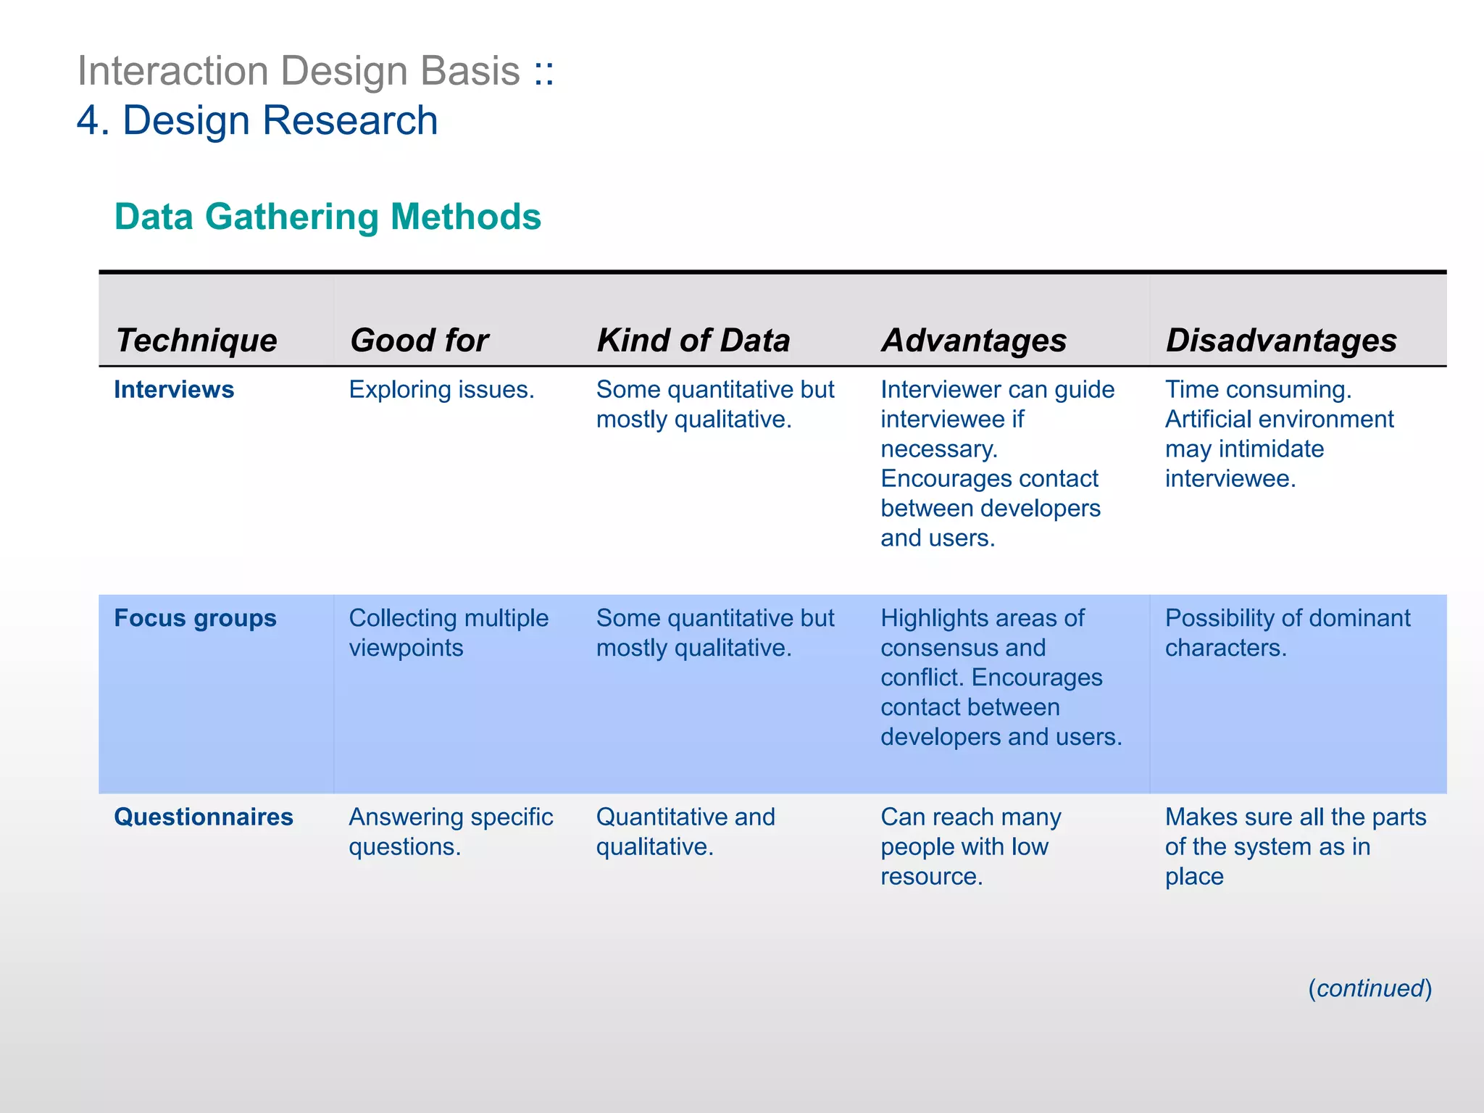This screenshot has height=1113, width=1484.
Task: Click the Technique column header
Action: click(196, 340)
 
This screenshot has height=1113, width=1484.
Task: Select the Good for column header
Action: click(419, 340)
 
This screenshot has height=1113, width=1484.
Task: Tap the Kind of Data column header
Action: click(693, 340)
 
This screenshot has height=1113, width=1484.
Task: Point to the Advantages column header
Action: click(973, 340)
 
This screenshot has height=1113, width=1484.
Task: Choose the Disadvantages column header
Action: click(1280, 340)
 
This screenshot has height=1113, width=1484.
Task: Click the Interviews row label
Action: click(174, 390)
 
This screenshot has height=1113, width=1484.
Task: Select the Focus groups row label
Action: click(195, 618)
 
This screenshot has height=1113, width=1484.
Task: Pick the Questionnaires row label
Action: click(204, 817)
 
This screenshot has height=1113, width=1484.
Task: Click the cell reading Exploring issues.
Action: click(441, 390)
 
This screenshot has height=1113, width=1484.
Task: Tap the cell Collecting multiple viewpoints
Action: click(448, 633)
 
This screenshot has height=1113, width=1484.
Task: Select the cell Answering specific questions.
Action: click(450, 831)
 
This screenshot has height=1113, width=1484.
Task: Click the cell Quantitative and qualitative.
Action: click(685, 831)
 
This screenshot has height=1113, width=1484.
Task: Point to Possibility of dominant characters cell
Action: click(1287, 633)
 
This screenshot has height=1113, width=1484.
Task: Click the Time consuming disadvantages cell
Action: click(1279, 433)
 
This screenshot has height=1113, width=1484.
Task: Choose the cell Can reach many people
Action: click(970, 846)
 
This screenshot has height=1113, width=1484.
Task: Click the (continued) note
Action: click(1370, 988)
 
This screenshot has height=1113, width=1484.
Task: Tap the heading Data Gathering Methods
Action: click(328, 217)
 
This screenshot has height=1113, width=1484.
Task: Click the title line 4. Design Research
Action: click(257, 120)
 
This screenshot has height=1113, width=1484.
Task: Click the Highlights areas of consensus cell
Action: click(1001, 677)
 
